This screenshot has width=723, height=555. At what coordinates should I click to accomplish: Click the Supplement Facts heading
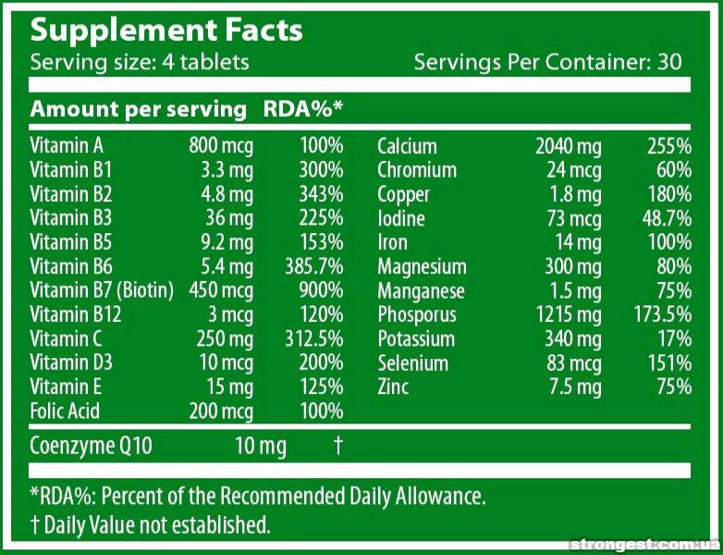tap(166, 30)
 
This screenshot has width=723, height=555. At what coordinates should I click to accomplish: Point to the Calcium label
tap(407, 146)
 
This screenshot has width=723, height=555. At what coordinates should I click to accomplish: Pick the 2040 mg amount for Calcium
tap(568, 146)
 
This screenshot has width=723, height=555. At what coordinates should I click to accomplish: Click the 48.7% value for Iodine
tap(665, 218)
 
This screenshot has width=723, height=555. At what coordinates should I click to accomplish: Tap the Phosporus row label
tap(417, 314)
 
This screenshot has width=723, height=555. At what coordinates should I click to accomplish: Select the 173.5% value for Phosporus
tap(657, 314)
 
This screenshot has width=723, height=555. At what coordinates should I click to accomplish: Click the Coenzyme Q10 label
tap(91, 446)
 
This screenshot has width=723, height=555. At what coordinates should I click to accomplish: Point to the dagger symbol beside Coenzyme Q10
tap(338, 446)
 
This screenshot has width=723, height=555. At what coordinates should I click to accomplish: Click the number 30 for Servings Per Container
tap(670, 62)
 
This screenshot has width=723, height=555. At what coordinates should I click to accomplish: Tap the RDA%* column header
tap(303, 109)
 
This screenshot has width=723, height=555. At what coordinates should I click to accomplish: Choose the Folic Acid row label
tap(65, 411)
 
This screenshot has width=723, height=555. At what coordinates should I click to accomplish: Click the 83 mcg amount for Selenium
tap(574, 363)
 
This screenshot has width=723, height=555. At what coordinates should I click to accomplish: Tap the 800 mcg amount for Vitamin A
tap(221, 145)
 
